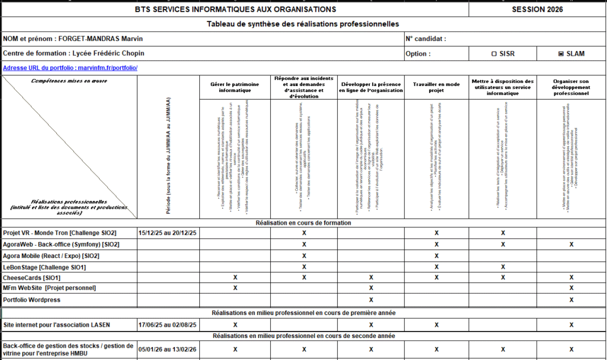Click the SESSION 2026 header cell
click(537, 9)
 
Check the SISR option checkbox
click(494, 53)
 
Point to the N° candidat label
click(426, 39)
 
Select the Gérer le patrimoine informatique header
click(235, 88)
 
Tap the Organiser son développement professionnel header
click(571, 88)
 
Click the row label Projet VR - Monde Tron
click(59, 233)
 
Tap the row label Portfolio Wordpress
click(32, 300)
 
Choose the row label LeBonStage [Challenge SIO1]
click(44, 267)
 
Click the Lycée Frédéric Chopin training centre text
click(112, 53)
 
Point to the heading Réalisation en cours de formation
click(303, 223)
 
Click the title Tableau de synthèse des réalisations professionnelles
click(303, 24)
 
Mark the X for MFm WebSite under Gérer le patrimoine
click(235, 288)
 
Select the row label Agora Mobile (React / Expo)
click(51, 256)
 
